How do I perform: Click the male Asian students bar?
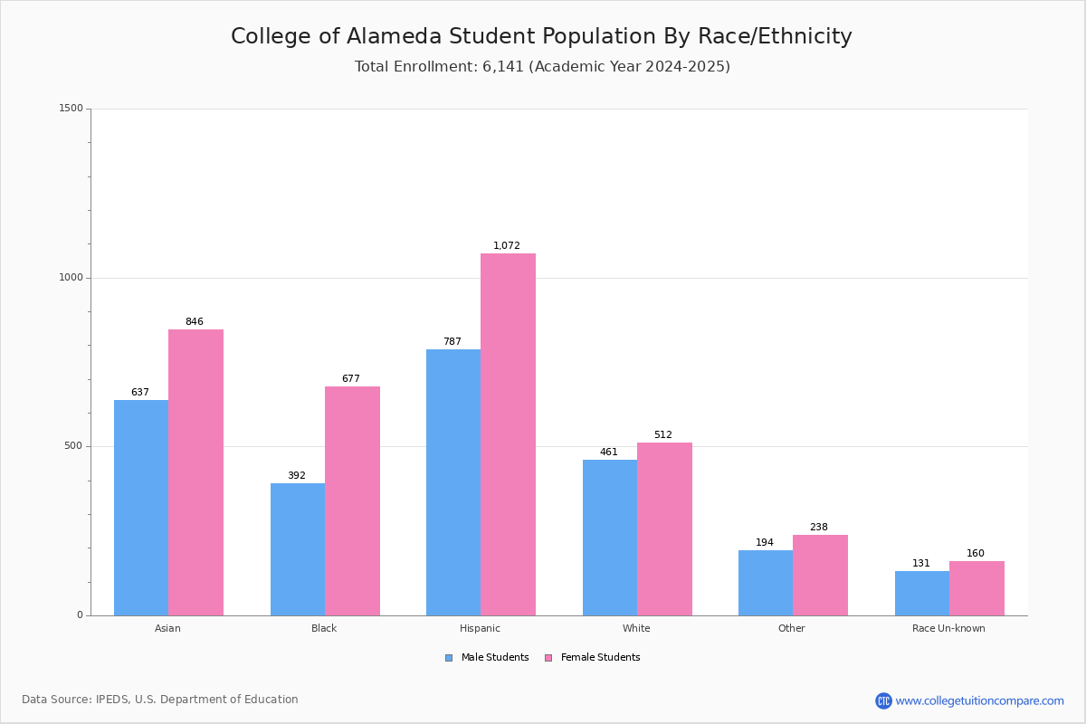point(141,508)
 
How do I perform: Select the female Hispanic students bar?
point(508,434)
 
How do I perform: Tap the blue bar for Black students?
point(298,549)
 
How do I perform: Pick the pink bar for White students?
point(664,529)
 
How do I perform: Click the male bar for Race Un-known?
point(922,594)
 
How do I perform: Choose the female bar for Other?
point(820,576)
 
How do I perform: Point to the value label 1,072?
point(507,245)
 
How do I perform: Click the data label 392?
point(297,475)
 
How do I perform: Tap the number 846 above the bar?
point(195,321)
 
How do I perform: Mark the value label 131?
point(921,563)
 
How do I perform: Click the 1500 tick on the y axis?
point(71,108)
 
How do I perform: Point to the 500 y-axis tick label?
point(74,445)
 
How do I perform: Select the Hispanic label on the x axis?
point(480,628)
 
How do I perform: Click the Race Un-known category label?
point(948,628)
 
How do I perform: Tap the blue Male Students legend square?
point(449,658)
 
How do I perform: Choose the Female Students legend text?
point(601,657)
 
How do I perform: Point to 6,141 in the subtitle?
point(503,66)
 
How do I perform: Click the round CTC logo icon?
point(883,700)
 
